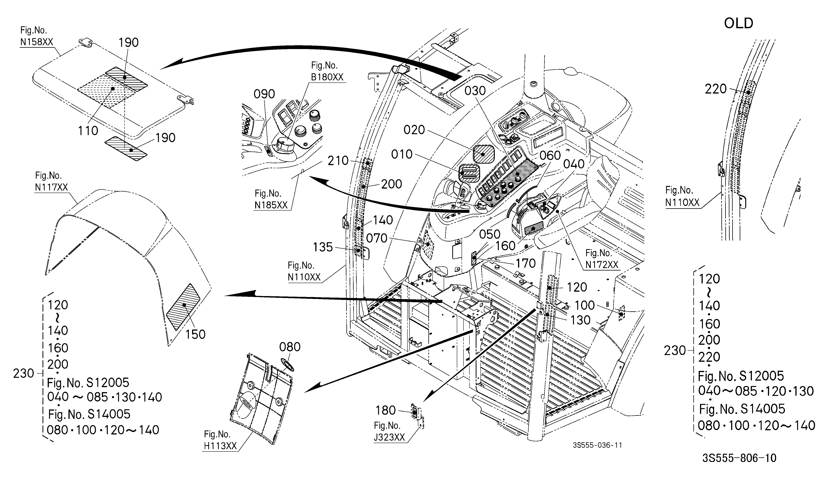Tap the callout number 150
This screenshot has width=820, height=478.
[x=195, y=334]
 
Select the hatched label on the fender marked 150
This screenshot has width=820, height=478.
[x=183, y=307]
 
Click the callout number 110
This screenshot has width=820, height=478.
[x=88, y=131]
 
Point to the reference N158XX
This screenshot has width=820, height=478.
[x=36, y=42]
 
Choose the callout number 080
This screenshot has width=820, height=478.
[x=290, y=347]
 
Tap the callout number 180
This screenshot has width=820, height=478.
[x=386, y=410]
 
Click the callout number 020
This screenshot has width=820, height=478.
[x=414, y=130]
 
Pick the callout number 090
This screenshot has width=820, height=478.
[x=264, y=94]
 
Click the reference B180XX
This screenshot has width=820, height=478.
[x=327, y=77]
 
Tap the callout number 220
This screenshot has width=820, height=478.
[x=715, y=89]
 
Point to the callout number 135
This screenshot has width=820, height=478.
[x=323, y=247]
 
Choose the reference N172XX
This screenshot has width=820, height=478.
[x=602, y=265]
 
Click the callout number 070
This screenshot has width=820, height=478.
[x=377, y=238]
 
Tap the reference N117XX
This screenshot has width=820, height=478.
[x=52, y=187]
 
